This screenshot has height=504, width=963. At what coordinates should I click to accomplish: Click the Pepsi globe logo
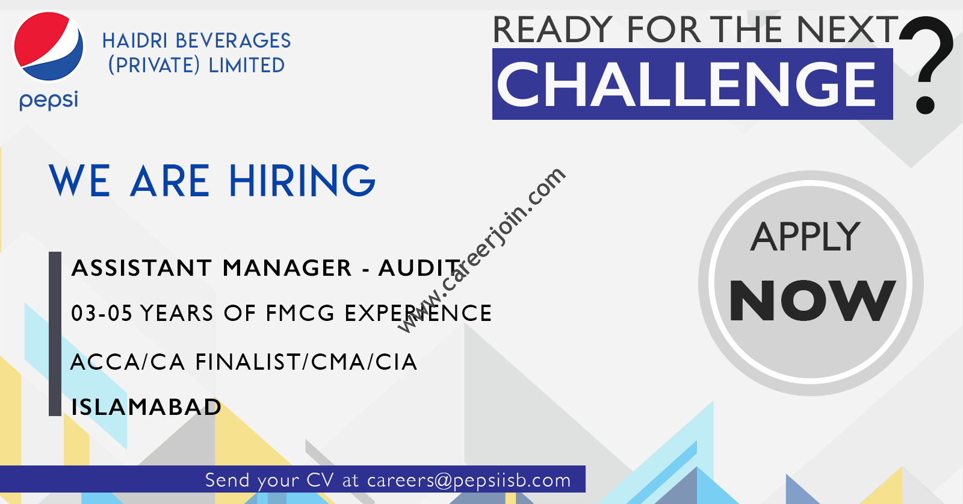(x=49, y=46)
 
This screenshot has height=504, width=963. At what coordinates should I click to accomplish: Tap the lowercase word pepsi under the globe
(x=49, y=101)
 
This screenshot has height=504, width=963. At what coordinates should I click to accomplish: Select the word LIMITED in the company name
(x=246, y=66)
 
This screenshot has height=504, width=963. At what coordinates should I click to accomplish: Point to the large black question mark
(x=926, y=64)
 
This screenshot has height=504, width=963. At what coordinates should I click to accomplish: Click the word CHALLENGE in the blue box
(x=686, y=84)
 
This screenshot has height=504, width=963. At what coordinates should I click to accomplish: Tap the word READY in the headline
(x=553, y=30)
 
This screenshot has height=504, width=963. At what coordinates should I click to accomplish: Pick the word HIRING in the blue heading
(x=302, y=181)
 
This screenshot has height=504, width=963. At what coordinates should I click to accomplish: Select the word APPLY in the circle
(x=806, y=237)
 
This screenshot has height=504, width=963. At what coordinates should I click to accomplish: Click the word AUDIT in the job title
(x=419, y=268)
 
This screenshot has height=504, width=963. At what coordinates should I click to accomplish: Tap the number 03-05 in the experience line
(x=102, y=313)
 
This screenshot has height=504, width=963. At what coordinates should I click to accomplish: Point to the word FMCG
(x=300, y=313)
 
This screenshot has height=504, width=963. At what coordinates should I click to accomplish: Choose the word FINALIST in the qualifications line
(x=248, y=362)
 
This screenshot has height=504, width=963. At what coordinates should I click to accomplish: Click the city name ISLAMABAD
(x=146, y=407)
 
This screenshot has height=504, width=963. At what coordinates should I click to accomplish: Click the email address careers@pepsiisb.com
(x=469, y=480)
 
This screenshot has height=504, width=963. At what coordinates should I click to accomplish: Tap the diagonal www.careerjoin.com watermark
(x=481, y=250)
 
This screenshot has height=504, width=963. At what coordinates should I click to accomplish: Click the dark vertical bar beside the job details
(x=55, y=334)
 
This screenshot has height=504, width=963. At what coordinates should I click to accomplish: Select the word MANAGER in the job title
(x=287, y=268)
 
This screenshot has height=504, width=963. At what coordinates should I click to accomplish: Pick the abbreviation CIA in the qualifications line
(x=396, y=362)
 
